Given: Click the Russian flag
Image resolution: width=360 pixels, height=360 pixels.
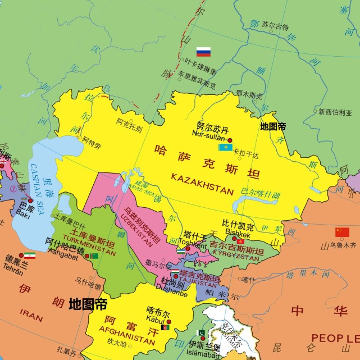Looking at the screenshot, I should point(203,52).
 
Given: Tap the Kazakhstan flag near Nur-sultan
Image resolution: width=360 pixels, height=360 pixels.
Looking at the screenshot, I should point(225,147).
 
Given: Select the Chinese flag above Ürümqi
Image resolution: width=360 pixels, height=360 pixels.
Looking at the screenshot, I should point(342,233).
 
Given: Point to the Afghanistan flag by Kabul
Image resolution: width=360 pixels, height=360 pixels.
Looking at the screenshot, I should point(165,327).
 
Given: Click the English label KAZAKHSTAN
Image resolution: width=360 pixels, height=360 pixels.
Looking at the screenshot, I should point(202,185).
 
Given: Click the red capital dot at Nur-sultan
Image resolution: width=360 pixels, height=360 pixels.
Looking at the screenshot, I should point(229,140).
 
